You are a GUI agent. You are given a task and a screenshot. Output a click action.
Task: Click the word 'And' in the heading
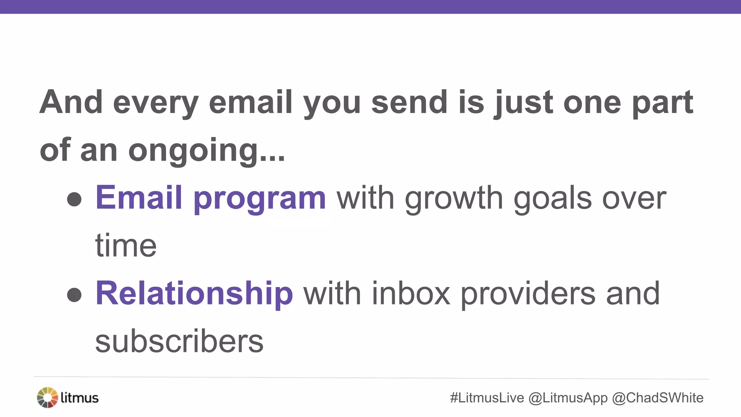click(71, 102)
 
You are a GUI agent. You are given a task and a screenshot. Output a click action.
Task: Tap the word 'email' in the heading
click(250, 102)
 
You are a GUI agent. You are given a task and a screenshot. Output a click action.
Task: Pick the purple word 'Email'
click(139, 198)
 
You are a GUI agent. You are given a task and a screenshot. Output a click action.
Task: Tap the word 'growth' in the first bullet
click(454, 199)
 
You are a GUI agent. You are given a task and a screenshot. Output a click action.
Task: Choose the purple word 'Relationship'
click(194, 294)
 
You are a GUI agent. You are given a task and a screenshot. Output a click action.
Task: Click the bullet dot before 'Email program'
click(74, 199)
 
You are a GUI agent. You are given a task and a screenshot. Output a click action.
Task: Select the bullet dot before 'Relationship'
click(74, 295)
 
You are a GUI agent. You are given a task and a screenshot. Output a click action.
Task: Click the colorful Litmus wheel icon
click(47, 397)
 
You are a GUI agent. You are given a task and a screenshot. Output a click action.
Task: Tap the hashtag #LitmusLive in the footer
click(487, 398)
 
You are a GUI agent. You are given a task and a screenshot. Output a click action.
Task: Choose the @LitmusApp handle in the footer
click(568, 398)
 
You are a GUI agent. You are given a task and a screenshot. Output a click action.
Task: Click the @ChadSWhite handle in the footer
click(657, 398)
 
